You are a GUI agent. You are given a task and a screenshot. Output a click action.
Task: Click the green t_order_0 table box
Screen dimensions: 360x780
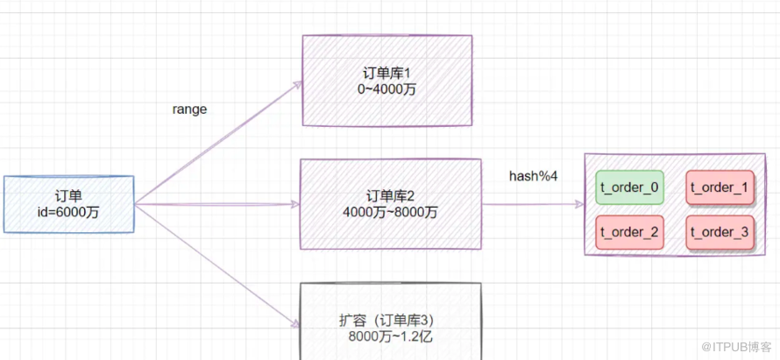coord(628,187)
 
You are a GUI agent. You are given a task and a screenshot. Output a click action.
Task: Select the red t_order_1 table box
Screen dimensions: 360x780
coord(719,187)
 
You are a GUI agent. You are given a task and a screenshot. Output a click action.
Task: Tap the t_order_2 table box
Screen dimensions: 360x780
coord(628,232)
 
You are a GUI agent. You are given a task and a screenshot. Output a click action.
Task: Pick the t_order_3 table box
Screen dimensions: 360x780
coord(719,232)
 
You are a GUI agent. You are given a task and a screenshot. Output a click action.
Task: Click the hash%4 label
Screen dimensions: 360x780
coord(533,176)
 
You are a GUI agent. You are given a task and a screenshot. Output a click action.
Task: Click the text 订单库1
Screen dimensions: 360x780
coord(386,72)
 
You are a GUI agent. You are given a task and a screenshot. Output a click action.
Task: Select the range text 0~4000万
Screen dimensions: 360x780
coord(386,88)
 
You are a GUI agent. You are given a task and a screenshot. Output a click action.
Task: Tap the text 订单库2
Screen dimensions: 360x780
coord(390,194)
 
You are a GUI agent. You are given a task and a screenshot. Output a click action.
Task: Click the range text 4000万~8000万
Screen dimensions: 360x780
coord(390,211)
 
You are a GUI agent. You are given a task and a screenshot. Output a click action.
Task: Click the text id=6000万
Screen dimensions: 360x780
coord(68,211)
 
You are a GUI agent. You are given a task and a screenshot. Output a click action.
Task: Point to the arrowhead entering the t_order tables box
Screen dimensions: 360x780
coord(578,204)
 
